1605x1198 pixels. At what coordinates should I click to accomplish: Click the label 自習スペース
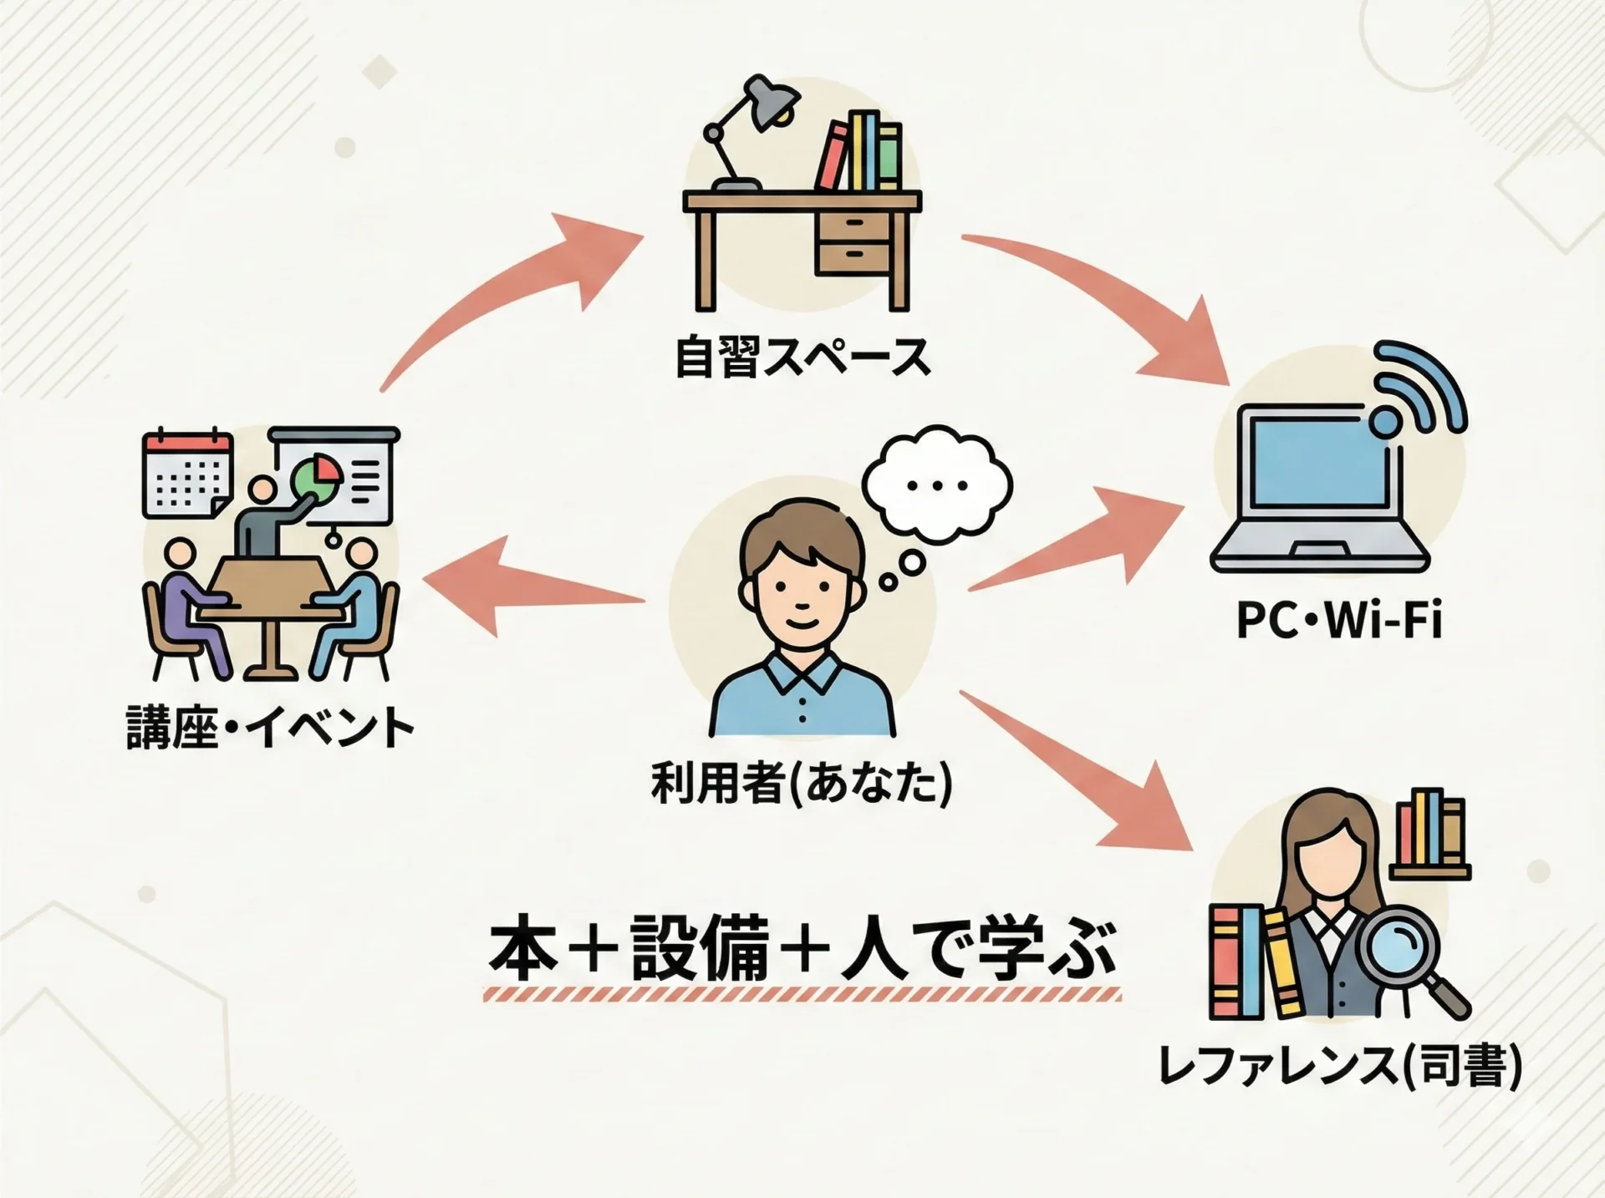coord(802,357)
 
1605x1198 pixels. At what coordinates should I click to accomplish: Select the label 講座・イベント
coord(270,727)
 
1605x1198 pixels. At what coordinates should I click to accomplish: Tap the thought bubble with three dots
coord(936,485)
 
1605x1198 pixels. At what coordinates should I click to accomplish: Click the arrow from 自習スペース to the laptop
coord(1112,301)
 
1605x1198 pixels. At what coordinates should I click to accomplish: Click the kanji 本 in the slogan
coord(522,952)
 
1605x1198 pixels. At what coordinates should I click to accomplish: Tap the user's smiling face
coord(800,585)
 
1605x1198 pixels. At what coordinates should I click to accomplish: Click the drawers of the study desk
coord(853,241)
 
